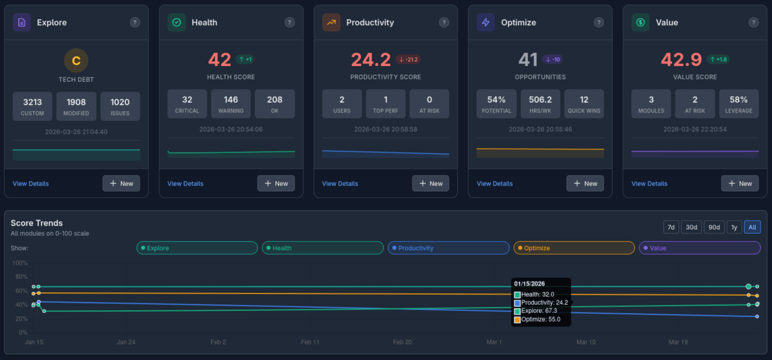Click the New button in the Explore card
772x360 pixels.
[121, 183]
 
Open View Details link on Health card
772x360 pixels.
[185, 184]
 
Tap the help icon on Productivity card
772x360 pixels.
[444, 22]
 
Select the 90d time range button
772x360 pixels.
[714, 227]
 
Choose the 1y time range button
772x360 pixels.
[734, 227]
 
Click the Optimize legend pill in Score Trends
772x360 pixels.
[574, 248]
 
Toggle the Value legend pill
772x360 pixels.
[699, 248]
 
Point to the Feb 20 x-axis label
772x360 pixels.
[402, 342]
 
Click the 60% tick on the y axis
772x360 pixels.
[21, 291]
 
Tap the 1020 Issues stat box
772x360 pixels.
[120, 106]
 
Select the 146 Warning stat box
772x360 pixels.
[231, 104]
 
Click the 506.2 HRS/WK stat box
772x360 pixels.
[540, 104]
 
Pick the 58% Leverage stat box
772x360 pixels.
[738, 104]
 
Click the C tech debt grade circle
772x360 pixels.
[76, 61]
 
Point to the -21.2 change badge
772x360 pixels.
[408, 59]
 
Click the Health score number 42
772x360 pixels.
[220, 60]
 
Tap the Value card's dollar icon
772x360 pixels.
[640, 22]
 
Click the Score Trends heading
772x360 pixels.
[37, 223]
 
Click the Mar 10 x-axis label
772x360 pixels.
[586, 342]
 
